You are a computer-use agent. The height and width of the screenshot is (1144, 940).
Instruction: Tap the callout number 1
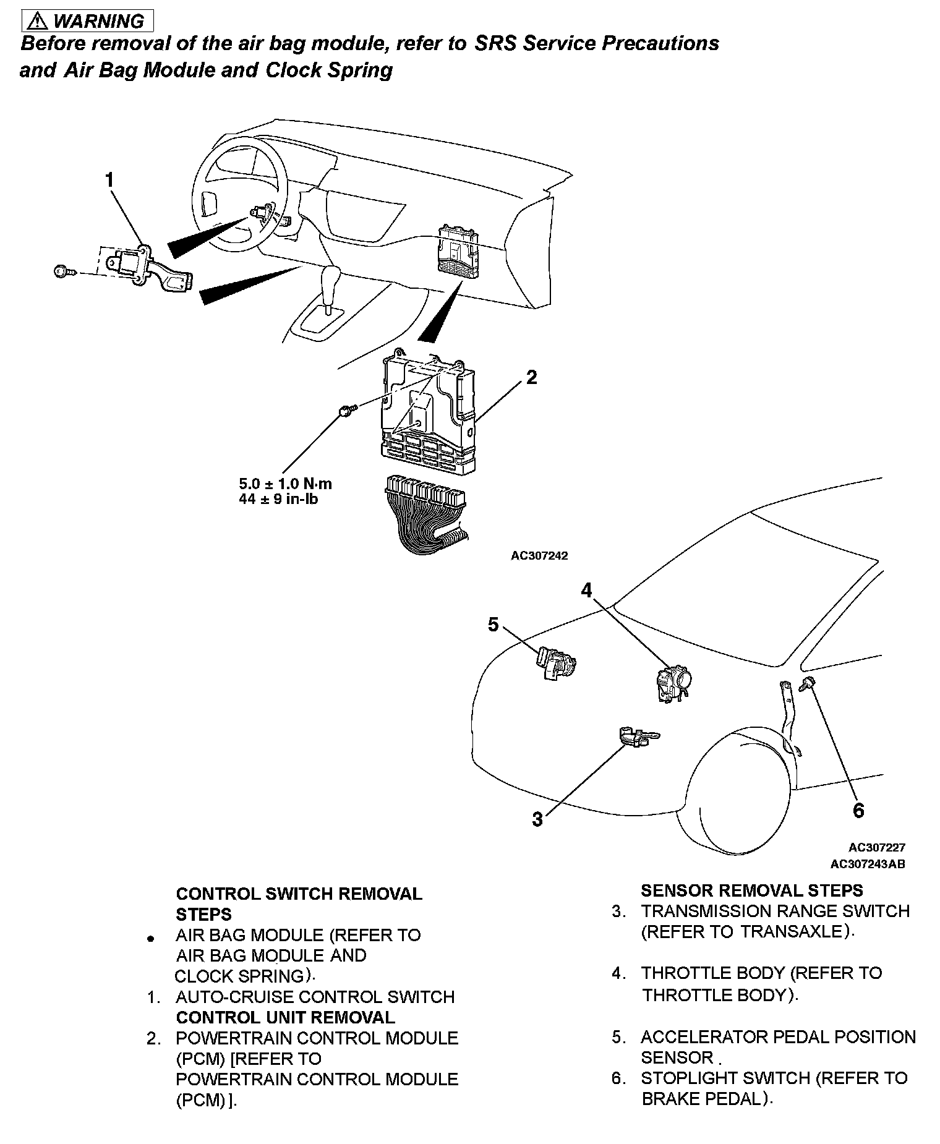click(x=109, y=181)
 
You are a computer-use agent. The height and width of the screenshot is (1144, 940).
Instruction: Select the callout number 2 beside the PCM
click(x=531, y=377)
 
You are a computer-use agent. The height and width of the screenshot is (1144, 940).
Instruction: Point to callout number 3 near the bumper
click(x=537, y=819)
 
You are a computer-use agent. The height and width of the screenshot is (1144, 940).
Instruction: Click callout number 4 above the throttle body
click(x=586, y=591)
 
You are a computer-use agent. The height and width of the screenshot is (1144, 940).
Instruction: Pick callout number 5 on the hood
click(x=493, y=625)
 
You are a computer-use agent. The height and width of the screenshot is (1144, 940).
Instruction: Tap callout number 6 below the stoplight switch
click(x=858, y=811)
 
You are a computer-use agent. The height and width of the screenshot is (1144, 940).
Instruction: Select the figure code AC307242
click(x=539, y=555)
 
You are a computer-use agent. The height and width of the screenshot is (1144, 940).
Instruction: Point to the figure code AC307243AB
click(x=868, y=864)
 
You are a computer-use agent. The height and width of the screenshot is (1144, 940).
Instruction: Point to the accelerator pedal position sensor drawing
click(x=556, y=662)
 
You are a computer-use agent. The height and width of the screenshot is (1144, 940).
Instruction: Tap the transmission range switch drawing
click(x=637, y=737)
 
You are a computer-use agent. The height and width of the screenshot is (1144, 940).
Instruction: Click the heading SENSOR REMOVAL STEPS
click(x=751, y=890)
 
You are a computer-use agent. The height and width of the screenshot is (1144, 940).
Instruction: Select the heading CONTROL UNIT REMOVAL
click(x=285, y=1017)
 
